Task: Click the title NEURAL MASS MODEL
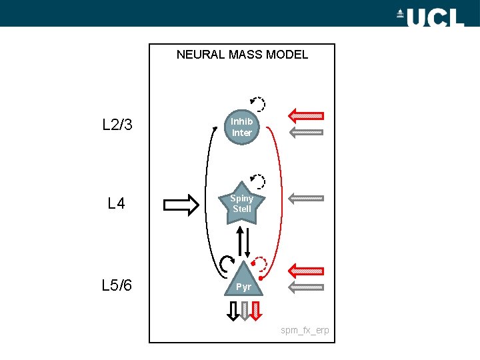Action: point(242,55)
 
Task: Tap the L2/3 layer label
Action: point(117,125)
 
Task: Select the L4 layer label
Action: point(117,204)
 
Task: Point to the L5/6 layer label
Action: point(117,286)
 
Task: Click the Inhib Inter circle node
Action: point(241,127)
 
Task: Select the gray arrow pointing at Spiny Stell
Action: point(305,198)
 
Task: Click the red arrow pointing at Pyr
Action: point(305,271)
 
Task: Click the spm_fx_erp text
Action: point(305,331)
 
